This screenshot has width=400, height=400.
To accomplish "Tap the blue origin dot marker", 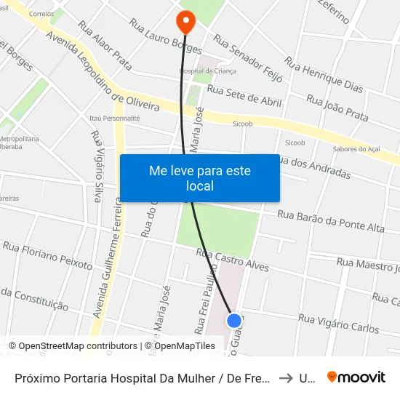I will [x=234, y=320].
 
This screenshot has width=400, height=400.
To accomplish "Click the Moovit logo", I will [x=356, y=377].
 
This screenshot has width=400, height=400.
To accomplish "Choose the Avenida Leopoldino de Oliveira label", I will [x=102, y=72].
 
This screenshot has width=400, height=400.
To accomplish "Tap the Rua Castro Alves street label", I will [x=233, y=260].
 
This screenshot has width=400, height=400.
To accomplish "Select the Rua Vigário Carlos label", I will [x=338, y=324].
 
